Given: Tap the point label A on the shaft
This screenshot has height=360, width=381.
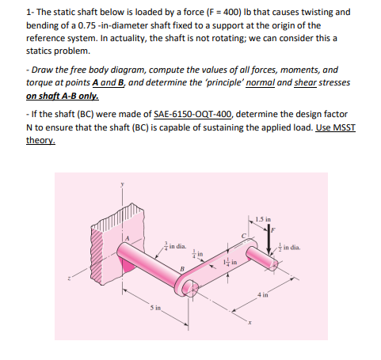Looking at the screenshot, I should tap(125, 236).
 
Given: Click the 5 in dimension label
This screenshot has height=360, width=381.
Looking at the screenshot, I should tap(137, 309).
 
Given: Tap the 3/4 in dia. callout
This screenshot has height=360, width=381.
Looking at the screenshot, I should tap(173, 246).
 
